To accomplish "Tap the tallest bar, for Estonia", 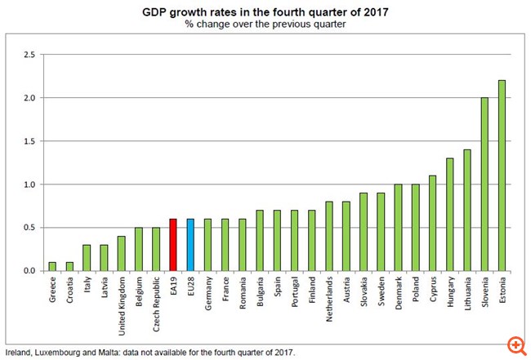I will click(x=502, y=176).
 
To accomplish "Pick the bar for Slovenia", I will click(x=484, y=184).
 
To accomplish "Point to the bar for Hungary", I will click(x=449, y=215).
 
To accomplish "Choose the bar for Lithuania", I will click(x=467, y=211).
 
